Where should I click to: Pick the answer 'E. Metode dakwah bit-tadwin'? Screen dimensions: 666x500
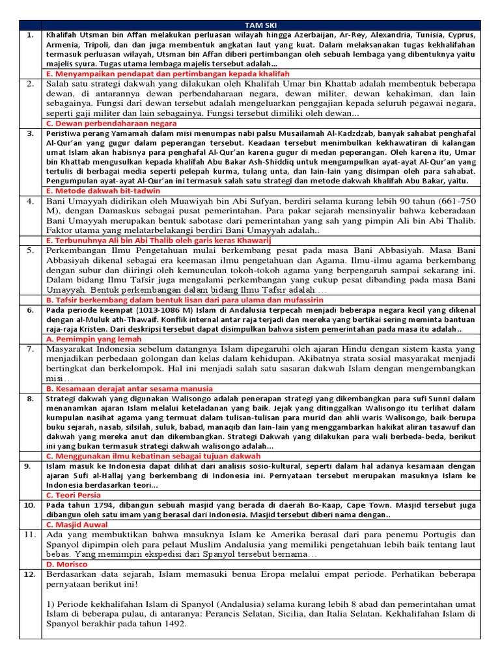pyautogui.click(x=104, y=191)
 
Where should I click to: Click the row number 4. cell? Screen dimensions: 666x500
pyautogui.click(x=30, y=201)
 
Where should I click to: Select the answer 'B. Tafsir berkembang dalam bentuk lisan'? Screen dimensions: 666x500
pyautogui.click(x=185, y=300)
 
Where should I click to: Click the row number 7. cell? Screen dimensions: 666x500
pyautogui.click(x=30, y=349)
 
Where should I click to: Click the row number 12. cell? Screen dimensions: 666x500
pyautogui.click(x=30, y=575)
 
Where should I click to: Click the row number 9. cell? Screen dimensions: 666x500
pyautogui.click(x=30, y=466)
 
